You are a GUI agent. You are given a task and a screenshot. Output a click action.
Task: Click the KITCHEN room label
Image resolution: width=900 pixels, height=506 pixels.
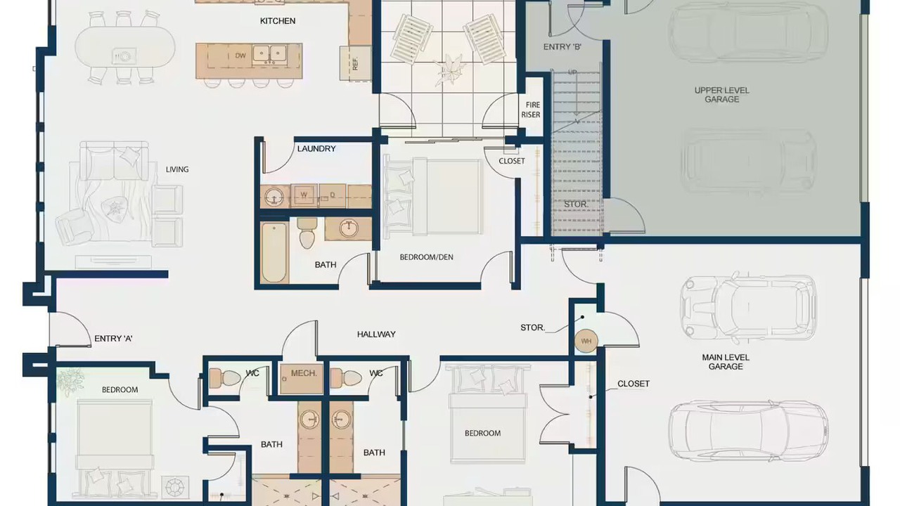coord(278,21)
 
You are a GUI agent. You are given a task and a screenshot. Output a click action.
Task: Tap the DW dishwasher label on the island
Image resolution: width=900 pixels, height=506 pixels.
coord(240,56)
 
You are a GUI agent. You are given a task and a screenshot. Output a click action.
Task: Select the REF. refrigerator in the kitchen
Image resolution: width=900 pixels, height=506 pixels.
coord(356,63)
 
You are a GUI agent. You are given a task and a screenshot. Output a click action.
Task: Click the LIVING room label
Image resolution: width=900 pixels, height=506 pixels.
coord(177,169)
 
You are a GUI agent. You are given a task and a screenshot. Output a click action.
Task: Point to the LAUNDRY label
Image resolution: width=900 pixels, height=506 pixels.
coord(316,148)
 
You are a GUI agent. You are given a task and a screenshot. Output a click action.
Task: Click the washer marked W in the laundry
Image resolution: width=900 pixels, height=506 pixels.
coord(304,195)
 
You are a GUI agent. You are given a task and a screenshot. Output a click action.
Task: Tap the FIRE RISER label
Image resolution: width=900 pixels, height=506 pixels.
coord(531,110)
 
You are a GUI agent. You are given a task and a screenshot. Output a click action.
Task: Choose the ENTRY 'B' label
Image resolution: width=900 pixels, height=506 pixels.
coord(562,47)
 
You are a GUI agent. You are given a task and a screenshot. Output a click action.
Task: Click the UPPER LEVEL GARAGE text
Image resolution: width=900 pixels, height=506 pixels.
coord(721,95)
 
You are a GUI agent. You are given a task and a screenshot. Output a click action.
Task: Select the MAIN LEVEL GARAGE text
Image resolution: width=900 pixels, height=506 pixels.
coord(726,362)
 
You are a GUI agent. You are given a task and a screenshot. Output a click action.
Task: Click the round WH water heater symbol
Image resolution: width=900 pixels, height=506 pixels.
coord(586,342)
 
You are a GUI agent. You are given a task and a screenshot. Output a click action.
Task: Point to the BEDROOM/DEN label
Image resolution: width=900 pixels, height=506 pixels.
coord(426,257)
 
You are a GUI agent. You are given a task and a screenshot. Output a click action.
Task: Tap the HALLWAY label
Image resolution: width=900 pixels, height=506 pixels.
coord(376,334)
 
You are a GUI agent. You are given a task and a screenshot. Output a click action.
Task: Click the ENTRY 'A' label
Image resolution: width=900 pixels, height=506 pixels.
coord(113,339)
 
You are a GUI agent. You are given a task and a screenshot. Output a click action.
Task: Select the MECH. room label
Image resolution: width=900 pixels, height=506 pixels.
coord(304,373)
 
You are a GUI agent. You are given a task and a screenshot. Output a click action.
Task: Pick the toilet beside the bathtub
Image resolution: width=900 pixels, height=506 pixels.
coord(307,233)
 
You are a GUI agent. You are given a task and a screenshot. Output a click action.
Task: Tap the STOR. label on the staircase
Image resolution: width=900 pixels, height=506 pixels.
coord(576,205)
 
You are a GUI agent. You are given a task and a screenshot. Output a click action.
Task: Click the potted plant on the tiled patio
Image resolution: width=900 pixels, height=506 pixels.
coord(449,70)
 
